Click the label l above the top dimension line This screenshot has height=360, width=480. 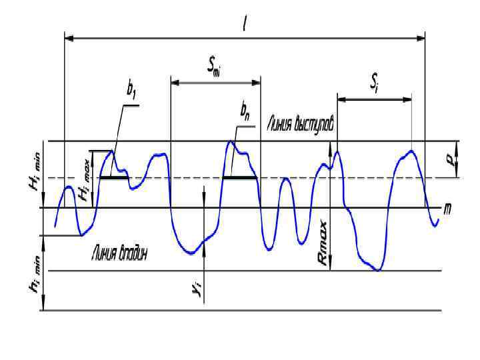coord(246,23)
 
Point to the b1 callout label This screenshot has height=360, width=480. coord(131,95)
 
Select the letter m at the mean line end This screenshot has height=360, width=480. coord(447,209)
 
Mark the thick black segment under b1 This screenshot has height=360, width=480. coord(113,178)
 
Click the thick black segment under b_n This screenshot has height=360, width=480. coord(239,178)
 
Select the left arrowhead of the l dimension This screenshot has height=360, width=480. coord(68,39)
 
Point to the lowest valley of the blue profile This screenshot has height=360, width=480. coord(378,270)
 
